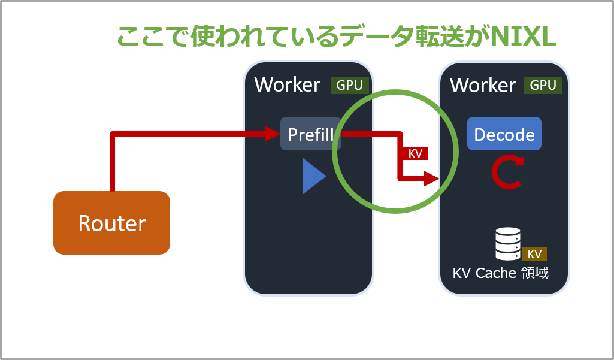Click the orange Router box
111,222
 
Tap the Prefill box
311,134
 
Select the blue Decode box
504,134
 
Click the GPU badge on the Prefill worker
350,85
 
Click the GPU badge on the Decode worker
543,85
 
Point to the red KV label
416,153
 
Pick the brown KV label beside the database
534,254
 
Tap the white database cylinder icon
508,244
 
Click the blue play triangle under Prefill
314,176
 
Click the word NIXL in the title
523,37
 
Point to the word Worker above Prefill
288,84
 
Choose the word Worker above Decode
483,85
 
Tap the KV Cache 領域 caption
500,273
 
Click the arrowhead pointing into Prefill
273,134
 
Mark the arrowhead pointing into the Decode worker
432,179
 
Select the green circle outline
395,91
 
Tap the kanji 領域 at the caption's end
535,273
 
